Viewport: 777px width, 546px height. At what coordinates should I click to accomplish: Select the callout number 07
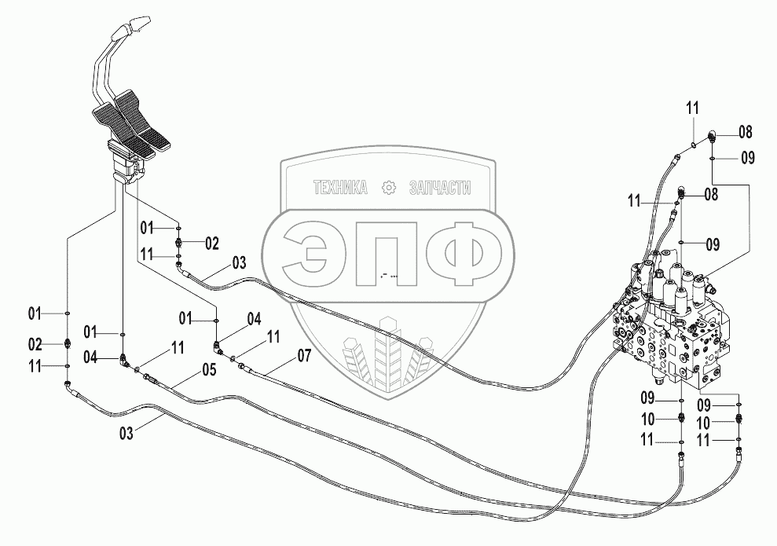click(x=304, y=356)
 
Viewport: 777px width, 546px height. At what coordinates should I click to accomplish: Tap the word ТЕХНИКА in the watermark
click(x=340, y=188)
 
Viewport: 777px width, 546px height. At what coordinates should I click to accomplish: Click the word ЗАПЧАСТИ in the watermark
click(x=439, y=188)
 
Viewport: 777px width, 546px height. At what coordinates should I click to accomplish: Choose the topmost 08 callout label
click(x=744, y=131)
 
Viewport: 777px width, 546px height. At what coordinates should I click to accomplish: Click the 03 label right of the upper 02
click(x=239, y=262)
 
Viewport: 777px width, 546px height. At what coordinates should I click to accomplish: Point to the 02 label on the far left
click(x=35, y=343)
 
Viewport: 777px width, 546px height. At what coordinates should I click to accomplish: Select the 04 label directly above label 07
click(x=254, y=319)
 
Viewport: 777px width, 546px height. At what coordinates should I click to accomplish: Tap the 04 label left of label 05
click(x=91, y=358)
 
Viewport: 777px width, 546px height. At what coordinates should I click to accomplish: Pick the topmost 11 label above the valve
click(x=692, y=108)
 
